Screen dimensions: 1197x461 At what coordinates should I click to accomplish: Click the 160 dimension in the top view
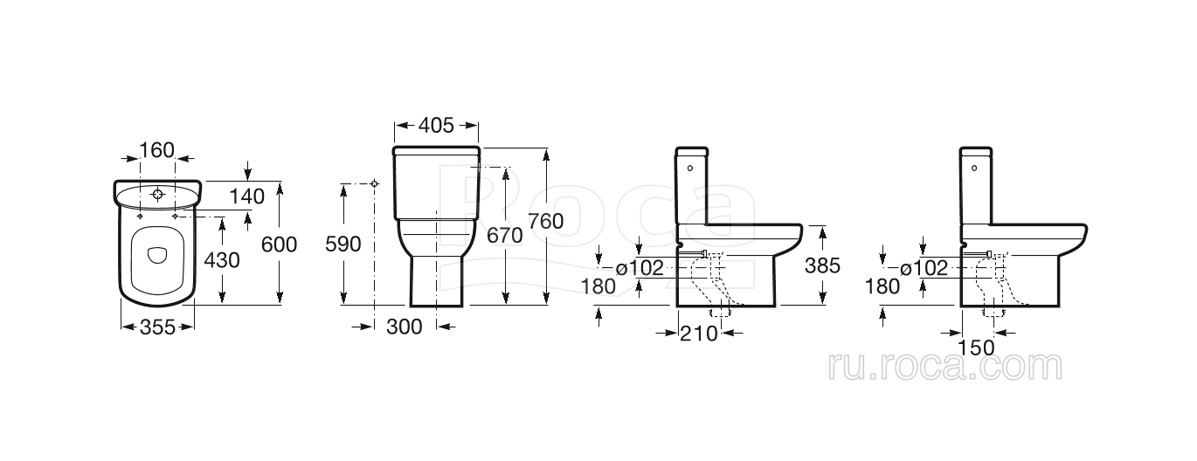pyautogui.click(x=157, y=150)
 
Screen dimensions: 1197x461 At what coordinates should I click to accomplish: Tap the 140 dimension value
pyautogui.click(x=247, y=196)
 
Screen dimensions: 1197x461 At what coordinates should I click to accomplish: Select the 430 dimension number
pyautogui.click(x=222, y=260)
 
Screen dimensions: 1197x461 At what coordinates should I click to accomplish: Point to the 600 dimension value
pyautogui.click(x=279, y=244)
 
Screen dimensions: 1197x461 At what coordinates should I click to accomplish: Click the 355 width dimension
pyautogui.click(x=157, y=327)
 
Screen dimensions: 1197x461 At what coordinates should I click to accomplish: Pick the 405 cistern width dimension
pyautogui.click(x=436, y=126)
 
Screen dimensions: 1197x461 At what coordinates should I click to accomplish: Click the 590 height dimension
pyautogui.click(x=343, y=244)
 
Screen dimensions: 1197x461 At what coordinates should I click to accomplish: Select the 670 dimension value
pyautogui.click(x=505, y=235)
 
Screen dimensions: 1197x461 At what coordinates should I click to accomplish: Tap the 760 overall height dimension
pyautogui.click(x=546, y=221)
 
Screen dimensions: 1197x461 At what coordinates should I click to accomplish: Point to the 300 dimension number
pyautogui.click(x=404, y=327)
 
